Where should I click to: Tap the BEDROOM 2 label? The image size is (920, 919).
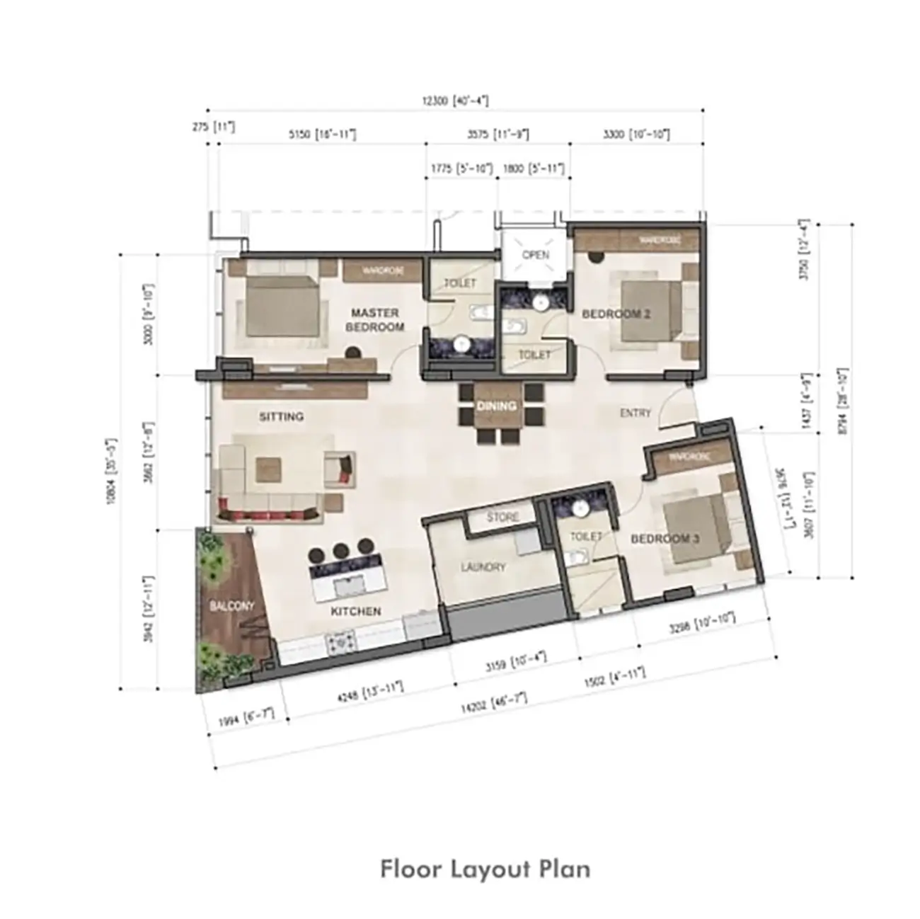[616, 314]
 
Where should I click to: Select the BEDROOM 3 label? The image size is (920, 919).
[665, 539]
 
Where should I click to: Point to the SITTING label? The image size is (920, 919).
[281, 416]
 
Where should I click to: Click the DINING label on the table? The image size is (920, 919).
[496, 406]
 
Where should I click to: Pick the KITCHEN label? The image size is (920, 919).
[355, 611]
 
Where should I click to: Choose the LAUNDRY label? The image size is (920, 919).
[483, 567]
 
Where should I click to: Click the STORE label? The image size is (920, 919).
[502, 518]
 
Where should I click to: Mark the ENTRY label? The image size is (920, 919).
[635, 413]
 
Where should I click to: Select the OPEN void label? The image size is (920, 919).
[535, 255]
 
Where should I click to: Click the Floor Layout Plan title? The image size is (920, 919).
[485, 869]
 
